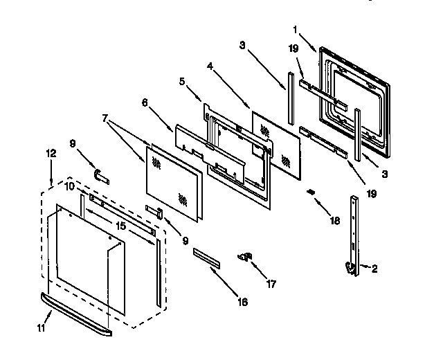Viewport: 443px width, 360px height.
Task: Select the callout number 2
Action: pyautogui.click(x=374, y=269)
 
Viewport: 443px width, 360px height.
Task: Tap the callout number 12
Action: pyautogui.click(x=50, y=153)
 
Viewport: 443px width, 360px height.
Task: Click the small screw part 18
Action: pyautogui.click(x=311, y=192)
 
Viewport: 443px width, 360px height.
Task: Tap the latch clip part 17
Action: pyautogui.click(x=244, y=258)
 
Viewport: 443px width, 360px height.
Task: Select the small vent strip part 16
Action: pyautogui.click(x=208, y=257)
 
